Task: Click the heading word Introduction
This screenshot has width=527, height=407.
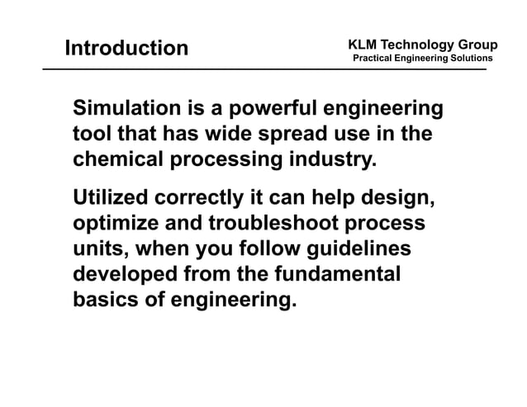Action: [x=126, y=48]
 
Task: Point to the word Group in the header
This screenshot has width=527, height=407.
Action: [x=477, y=44]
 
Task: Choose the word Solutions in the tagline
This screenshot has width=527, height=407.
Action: [x=468, y=59]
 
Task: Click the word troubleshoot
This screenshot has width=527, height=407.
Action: [x=291, y=224]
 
